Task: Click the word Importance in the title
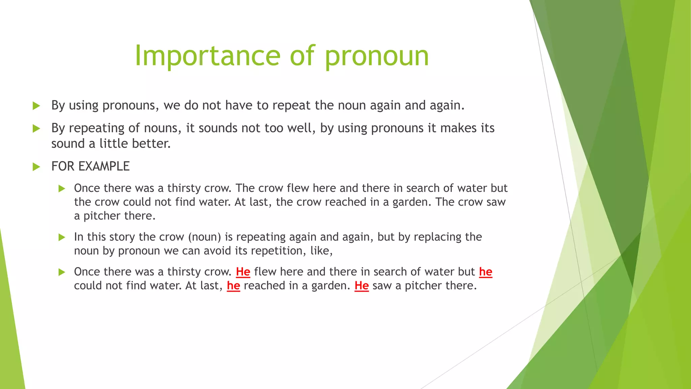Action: coord(207,56)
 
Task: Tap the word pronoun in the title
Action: coord(377,56)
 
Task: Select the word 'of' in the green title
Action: coord(302,56)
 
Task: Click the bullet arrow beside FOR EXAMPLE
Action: coord(36,167)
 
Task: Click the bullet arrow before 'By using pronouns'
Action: coord(36,106)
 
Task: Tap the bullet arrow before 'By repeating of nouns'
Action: coord(36,129)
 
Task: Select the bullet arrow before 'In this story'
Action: coord(62,237)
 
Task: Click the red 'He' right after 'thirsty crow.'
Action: coord(243,272)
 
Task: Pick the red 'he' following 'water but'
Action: coord(486,272)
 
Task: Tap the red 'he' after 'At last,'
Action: coord(233,286)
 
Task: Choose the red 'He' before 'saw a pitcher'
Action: coord(361,286)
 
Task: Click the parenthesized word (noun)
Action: coord(204,237)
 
